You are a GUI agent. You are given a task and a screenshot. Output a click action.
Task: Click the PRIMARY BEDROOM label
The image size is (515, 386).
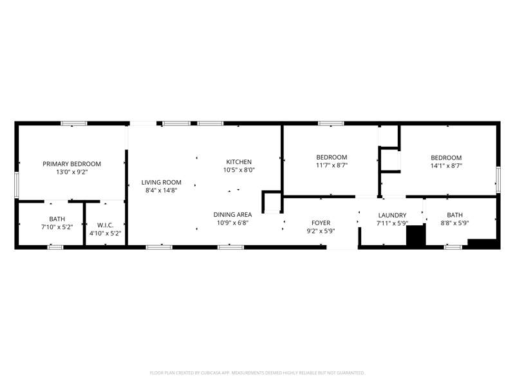point(71,164)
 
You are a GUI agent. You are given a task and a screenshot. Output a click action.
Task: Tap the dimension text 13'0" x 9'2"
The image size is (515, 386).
point(71,172)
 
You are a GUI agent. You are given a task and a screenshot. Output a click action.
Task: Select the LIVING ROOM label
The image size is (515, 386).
point(162,182)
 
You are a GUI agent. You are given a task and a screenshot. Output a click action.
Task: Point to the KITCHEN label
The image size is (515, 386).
point(239,162)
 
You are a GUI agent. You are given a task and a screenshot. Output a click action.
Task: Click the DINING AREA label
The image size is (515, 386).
point(232,215)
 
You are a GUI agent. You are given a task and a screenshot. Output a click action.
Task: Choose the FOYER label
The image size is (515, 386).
point(321,223)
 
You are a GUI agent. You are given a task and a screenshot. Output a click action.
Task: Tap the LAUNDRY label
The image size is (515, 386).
point(392,216)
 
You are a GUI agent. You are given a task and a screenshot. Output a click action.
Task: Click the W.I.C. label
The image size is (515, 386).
point(105,225)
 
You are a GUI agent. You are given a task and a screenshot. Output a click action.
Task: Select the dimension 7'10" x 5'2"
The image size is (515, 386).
point(57,227)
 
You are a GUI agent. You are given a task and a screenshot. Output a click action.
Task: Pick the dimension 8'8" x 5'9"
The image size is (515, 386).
point(454,223)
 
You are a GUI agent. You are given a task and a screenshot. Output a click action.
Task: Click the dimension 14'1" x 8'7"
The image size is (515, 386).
point(446,166)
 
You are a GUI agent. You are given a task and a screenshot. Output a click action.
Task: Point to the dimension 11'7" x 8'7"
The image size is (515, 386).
point(332,165)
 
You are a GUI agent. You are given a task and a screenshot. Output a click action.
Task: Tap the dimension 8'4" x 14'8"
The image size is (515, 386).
point(162,190)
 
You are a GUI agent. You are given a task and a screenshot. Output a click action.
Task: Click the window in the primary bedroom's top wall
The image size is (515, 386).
point(74,124)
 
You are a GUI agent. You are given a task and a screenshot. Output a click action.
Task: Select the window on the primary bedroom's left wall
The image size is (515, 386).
point(17,185)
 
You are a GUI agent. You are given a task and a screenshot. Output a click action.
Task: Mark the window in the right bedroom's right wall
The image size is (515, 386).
point(498,179)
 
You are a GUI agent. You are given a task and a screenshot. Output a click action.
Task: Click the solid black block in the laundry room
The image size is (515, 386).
point(416,235)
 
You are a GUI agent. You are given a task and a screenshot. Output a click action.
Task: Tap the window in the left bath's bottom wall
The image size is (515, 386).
point(55,247)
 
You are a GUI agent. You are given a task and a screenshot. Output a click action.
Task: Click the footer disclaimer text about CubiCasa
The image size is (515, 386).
point(257,373)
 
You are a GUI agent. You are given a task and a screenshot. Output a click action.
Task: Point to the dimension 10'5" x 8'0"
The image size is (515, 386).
point(239,170)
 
